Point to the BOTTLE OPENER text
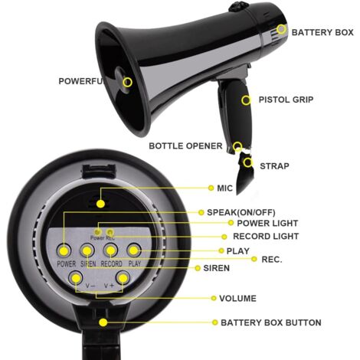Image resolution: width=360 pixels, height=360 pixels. pos(185,146)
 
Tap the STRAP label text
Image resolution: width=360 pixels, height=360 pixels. pos(274,165)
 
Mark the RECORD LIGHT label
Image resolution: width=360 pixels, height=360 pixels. pos(266,237)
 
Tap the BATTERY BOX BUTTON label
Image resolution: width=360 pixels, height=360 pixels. pos(270,322)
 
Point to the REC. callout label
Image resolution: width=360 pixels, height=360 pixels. pos(272,260)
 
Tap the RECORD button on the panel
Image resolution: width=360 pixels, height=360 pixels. pos(111,250)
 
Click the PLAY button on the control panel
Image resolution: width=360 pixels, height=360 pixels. pos(134,250)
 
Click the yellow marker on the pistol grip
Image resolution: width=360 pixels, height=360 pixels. pos(246,100)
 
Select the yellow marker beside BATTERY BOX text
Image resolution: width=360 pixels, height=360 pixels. pos(281,30)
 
